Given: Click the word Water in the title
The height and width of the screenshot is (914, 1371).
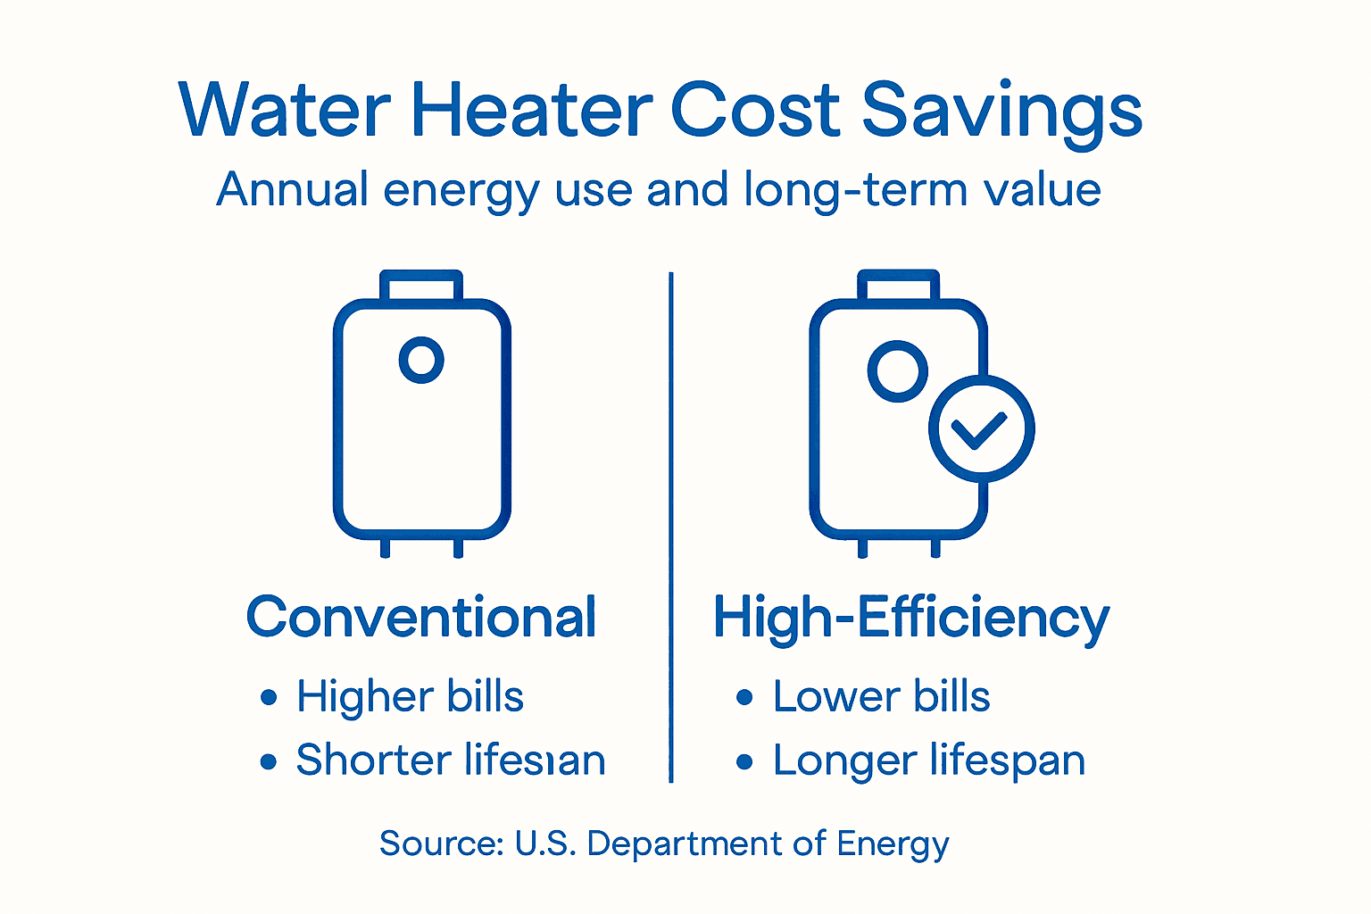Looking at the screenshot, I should tap(284, 111).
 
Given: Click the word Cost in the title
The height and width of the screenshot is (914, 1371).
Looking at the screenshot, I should tap(755, 111).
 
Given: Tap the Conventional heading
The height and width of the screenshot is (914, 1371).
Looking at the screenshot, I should tap(421, 617).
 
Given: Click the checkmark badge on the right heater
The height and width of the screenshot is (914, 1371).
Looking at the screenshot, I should tap(981, 429).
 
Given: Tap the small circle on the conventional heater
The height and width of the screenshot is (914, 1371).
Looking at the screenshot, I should tap(421, 360).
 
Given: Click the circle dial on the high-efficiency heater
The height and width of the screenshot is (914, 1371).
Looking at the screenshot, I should tap(897, 370).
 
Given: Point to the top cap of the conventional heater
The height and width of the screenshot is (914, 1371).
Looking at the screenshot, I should tap(421, 286).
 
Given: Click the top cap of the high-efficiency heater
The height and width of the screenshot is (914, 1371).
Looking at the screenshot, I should tap(898, 286).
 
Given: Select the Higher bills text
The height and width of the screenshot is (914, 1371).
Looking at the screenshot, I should tap(410, 697).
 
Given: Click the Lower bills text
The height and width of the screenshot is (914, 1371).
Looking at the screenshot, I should tap(881, 697).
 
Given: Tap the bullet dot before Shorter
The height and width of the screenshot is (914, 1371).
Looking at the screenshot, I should tap(269, 761).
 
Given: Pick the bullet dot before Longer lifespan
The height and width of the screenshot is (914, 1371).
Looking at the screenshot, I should tap(745, 761).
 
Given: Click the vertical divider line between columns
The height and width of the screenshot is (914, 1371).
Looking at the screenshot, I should tap(671, 527).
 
